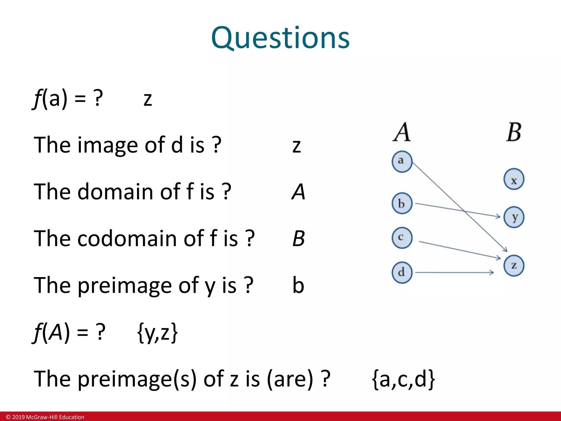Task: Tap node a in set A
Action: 402,161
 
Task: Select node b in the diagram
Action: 402,203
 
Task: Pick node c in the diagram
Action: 402,238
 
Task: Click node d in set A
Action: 402,272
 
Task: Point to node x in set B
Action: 514,180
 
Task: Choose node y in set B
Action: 514,217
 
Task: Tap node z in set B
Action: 514,266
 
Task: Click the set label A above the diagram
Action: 402,132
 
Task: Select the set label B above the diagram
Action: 514,132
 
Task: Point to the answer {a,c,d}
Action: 403,379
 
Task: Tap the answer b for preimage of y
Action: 298,285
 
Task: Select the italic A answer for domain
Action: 298,192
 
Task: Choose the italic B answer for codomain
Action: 298,238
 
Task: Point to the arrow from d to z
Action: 455,272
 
